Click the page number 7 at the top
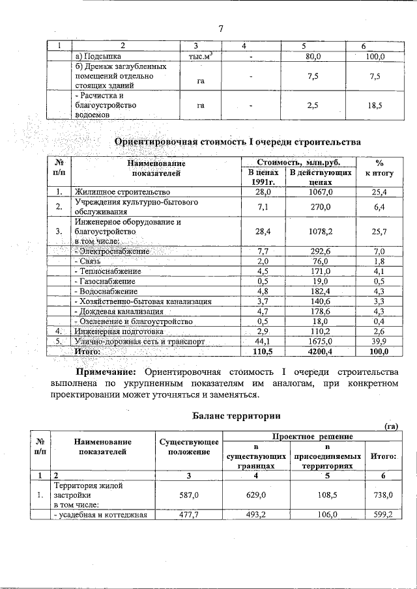click(221, 29)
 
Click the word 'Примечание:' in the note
click(106, 372)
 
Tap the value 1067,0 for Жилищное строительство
click(321, 192)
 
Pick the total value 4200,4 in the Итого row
click(321, 351)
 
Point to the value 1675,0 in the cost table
click(321, 341)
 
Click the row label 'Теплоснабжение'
click(108, 271)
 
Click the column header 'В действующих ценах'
click(321, 177)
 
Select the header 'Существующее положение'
click(189, 447)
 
